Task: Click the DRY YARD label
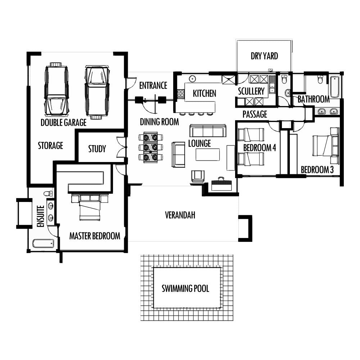(264, 56)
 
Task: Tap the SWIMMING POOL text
(185, 289)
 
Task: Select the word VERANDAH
(180, 215)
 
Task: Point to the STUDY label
(97, 149)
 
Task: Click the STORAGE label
(50, 145)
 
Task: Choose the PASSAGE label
(255, 114)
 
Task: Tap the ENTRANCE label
(153, 86)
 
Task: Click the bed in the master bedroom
(90, 207)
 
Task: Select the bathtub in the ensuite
(43, 244)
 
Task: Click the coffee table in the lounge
(208, 154)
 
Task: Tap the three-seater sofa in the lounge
(208, 131)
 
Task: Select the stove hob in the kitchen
(181, 94)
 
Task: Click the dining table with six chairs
(150, 147)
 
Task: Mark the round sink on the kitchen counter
(192, 79)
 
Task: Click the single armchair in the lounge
(198, 176)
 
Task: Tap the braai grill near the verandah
(221, 184)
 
